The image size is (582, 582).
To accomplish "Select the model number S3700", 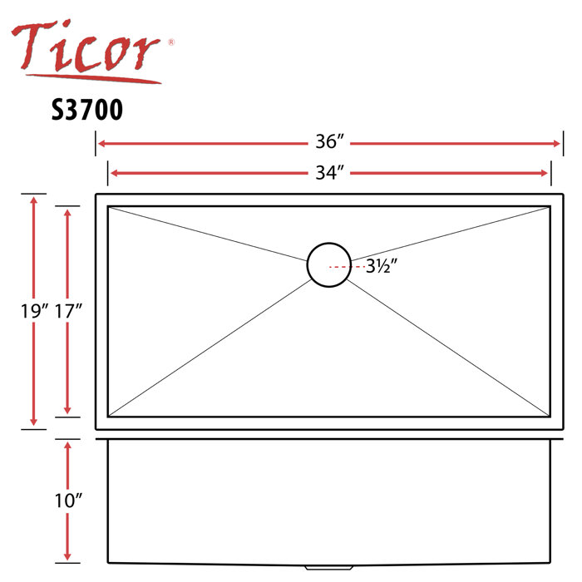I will [x=86, y=111].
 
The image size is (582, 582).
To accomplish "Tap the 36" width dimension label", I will [x=329, y=143].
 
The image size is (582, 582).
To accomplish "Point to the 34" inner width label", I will [x=329, y=173].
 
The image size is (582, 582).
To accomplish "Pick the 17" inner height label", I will [x=67, y=312].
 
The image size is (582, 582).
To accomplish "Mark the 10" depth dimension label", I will [x=67, y=501].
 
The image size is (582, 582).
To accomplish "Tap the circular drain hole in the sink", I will [x=328, y=266].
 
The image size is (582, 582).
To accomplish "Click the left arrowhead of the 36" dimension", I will [x=101, y=143].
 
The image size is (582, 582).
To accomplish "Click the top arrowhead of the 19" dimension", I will [x=33, y=200].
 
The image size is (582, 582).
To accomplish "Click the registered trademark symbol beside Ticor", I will [x=170, y=41].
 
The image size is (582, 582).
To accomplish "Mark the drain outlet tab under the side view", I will [x=328, y=568].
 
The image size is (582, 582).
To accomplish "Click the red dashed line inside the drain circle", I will [x=338, y=266].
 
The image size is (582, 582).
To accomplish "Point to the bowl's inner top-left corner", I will [x=109, y=208].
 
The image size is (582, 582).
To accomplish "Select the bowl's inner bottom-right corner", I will [x=549, y=416].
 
